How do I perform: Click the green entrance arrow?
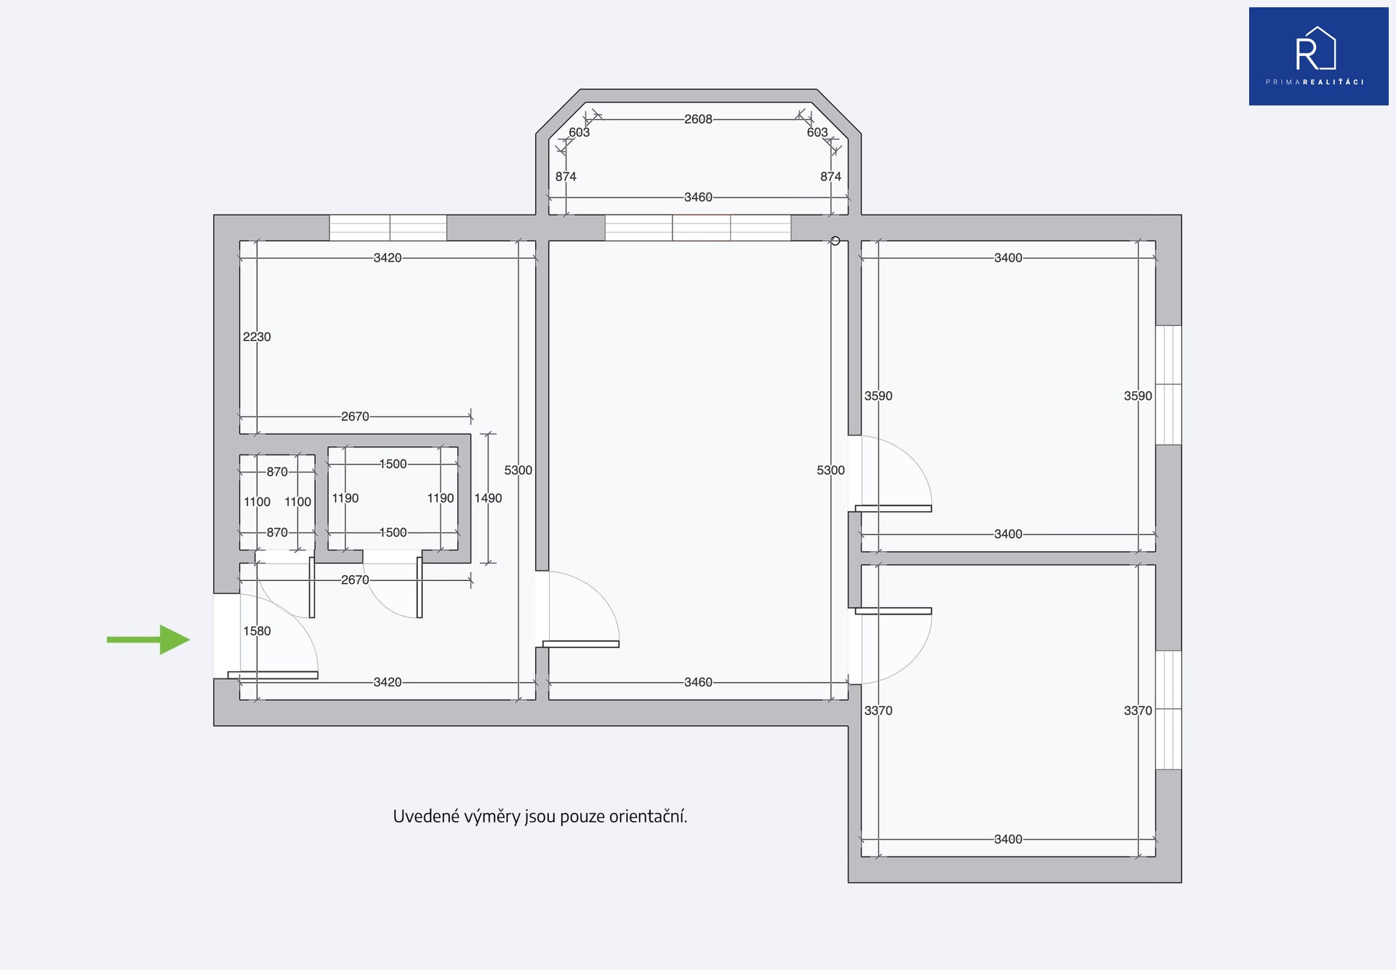[x=148, y=640]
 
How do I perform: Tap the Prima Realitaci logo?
[x=1318, y=57]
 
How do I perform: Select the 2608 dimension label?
[x=698, y=119]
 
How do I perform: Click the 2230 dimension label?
[x=257, y=337]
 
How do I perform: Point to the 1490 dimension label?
[x=488, y=498]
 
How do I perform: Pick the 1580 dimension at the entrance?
[x=257, y=631]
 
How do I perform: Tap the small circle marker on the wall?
[x=835, y=241]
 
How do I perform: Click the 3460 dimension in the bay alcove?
[x=698, y=197]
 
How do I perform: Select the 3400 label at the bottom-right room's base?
[x=1008, y=839]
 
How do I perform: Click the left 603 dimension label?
[x=579, y=132]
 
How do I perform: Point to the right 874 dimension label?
[x=830, y=177]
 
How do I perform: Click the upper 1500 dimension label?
[x=393, y=464]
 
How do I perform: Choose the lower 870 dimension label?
[x=277, y=532]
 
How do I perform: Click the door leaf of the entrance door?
[x=273, y=676]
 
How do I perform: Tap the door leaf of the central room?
[x=581, y=644]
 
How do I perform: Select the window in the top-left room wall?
[x=388, y=228]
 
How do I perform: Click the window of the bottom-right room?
[x=1168, y=710]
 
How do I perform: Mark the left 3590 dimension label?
[x=878, y=396]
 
